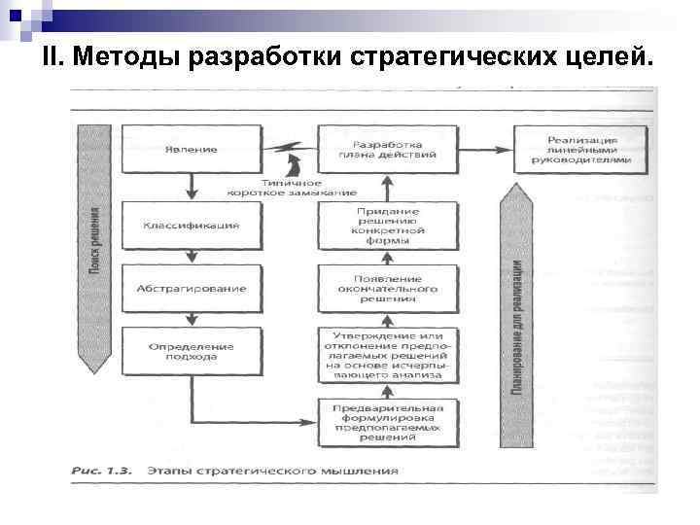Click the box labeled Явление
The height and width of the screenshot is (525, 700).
191,150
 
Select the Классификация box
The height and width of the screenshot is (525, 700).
191,226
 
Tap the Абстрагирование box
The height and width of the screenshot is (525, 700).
191,289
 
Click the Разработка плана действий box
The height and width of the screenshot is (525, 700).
387,150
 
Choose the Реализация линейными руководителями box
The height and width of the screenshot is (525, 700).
581,150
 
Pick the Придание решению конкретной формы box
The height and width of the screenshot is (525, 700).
387,226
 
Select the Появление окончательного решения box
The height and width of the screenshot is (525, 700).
387,289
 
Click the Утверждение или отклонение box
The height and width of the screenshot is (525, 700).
387,354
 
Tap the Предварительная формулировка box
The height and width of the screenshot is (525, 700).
387,421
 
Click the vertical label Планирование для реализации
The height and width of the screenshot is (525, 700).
516,326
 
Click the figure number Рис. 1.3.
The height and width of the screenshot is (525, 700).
102,471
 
